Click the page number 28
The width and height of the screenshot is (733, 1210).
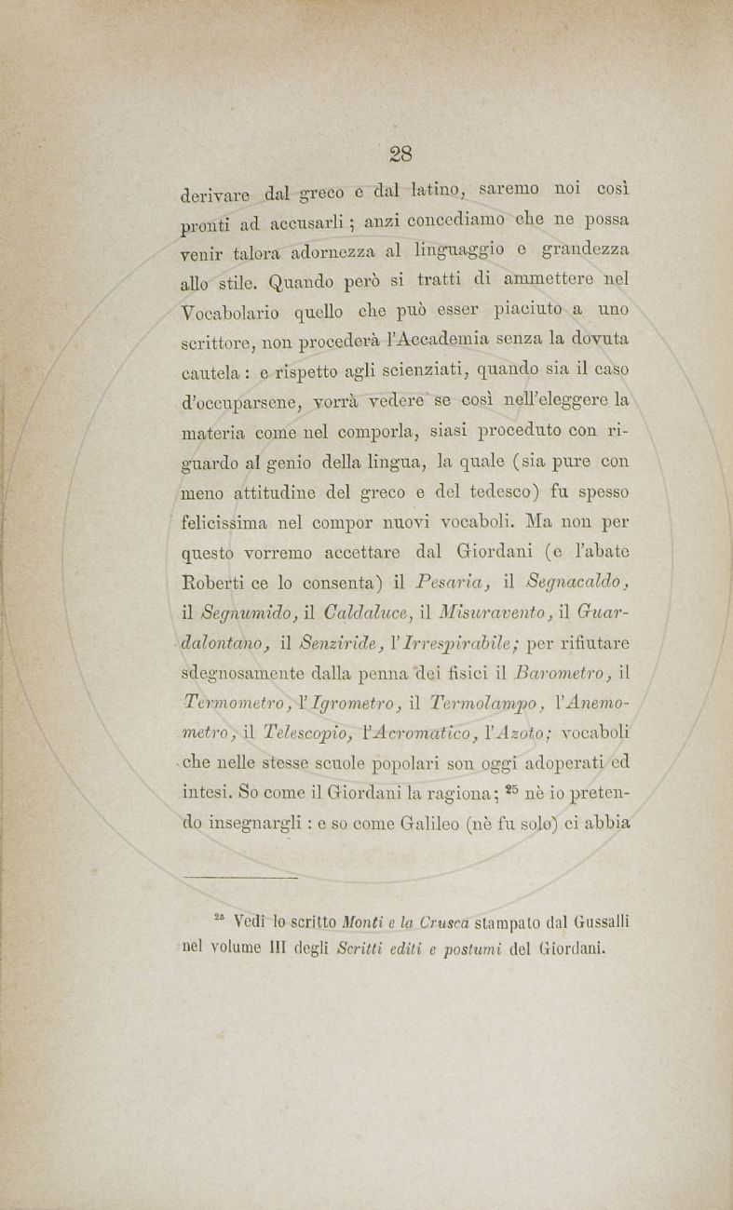401,153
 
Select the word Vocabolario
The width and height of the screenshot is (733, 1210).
238,313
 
